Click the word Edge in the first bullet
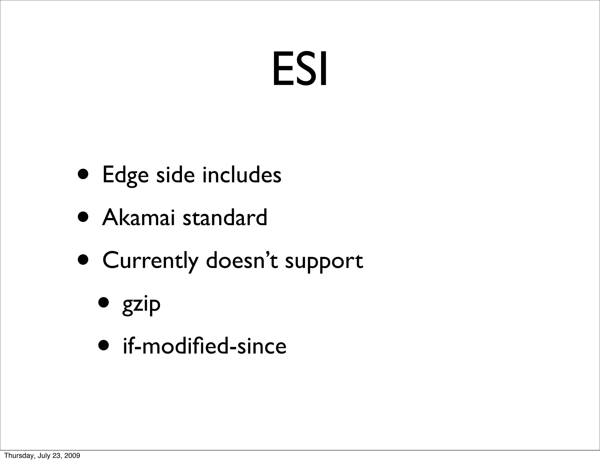click(x=125, y=175)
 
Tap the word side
click(x=175, y=175)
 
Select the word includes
click(x=242, y=175)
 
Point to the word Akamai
click(x=138, y=218)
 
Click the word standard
click(x=225, y=218)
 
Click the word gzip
click(x=141, y=305)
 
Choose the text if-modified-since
click(x=204, y=346)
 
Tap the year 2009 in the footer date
click(x=73, y=456)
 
